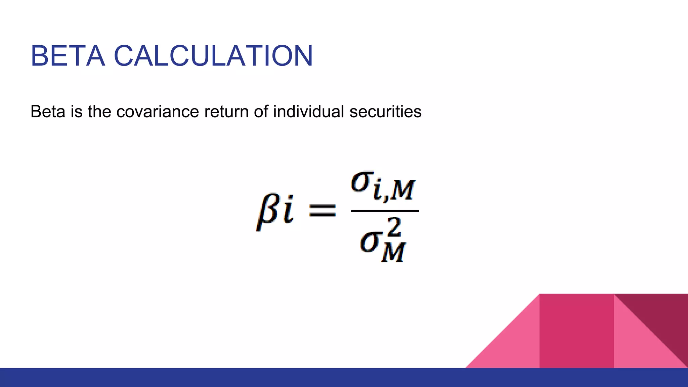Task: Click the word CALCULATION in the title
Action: [x=213, y=56]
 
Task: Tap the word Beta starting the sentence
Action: [x=48, y=112]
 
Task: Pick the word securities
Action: [x=385, y=112]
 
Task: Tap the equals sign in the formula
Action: [x=322, y=211]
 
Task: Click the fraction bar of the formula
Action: [x=385, y=211]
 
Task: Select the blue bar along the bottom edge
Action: [x=344, y=378]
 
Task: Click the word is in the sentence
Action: [x=77, y=112]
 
